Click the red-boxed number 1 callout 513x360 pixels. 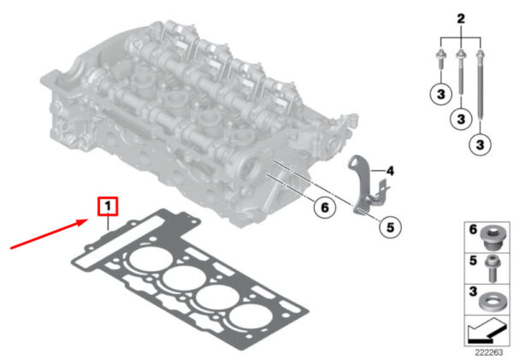click(108, 206)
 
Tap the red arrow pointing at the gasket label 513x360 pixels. click(49, 234)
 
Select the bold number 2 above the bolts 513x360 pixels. click(461, 19)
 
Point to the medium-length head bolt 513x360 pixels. click(461, 73)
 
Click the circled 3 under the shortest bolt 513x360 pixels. click(440, 94)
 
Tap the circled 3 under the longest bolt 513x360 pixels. click(480, 145)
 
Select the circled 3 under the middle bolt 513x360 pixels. click(461, 119)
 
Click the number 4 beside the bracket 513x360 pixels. click(390, 170)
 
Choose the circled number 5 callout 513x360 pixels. click(390, 227)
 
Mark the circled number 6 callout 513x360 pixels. click(324, 207)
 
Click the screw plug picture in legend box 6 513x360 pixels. click(493, 238)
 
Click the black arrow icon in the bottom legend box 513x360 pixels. click(486, 331)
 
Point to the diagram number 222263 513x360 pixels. click(489, 352)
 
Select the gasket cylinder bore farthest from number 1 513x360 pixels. click(251, 317)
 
